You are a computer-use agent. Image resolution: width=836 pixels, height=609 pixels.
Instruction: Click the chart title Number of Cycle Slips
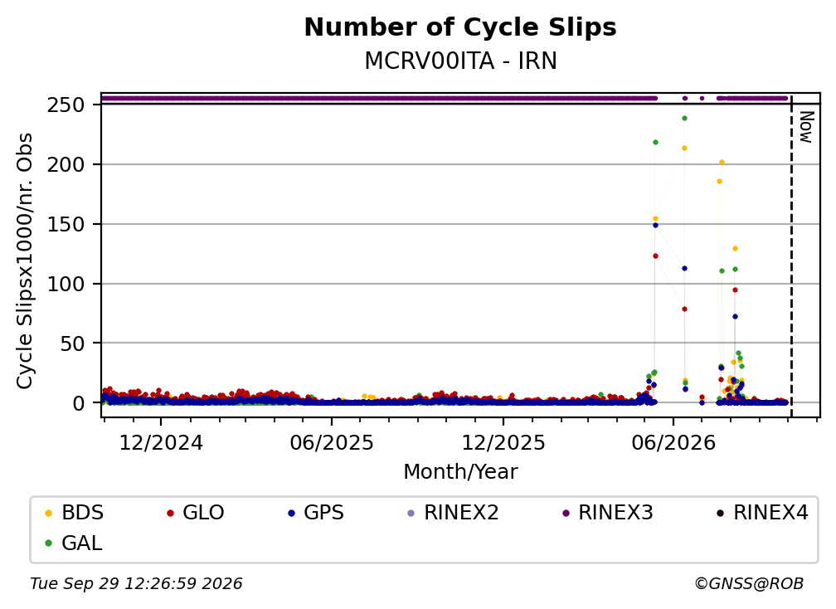[x=460, y=27]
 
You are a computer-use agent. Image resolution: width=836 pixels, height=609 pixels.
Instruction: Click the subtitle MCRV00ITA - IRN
[x=460, y=61]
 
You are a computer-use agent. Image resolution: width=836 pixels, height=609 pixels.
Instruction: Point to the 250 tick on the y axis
[x=66, y=105]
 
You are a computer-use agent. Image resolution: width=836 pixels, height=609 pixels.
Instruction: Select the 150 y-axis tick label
[x=66, y=224]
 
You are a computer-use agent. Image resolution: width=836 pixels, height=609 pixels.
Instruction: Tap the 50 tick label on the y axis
[x=72, y=343]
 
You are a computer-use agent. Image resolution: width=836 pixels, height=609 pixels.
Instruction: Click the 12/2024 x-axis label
[x=161, y=443]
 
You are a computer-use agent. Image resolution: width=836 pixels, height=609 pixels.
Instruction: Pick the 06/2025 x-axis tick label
[x=332, y=443]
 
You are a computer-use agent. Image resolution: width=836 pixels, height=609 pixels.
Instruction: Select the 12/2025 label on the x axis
[x=503, y=443]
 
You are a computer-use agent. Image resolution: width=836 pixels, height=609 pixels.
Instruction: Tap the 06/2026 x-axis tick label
[x=673, y=443]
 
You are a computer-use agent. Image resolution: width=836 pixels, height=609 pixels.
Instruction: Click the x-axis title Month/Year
[x=460, y=472]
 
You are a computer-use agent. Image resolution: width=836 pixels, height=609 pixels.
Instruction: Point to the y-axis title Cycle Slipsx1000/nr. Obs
[x=25, y=261]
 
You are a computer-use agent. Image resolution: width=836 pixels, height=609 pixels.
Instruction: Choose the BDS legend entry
[x=74, y=513]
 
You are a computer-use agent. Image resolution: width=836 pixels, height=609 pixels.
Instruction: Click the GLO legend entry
[x=195, y=513]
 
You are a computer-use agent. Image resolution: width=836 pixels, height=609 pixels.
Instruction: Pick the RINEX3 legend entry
[x=608, y=513]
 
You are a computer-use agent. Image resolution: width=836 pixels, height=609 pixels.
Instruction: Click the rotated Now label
[x=807, y=127]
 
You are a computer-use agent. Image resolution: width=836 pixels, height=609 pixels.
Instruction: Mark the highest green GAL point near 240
[x=684, y=119]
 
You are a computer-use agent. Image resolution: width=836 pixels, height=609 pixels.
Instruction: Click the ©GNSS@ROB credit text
[x=749, y=584]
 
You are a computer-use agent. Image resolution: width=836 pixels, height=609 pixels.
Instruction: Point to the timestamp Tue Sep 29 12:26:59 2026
[x=136, y=584]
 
